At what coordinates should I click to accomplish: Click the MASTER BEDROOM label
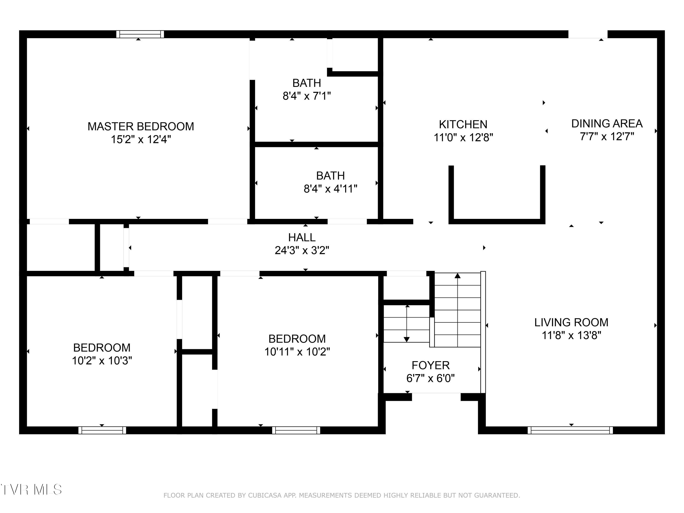click(x=141, y=127)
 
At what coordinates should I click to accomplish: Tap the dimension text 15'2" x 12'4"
click(x=141, y=140)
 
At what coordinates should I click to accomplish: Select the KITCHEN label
click(x=463, y=124)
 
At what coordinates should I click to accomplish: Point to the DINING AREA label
click(x=607, y=123)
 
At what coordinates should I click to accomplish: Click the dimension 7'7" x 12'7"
click(x=607, y=136)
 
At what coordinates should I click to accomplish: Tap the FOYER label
click(x=430, y=365)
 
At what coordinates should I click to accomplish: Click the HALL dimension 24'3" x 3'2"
click(x=302, y=250)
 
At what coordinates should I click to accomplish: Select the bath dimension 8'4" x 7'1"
click(x=306, y=96)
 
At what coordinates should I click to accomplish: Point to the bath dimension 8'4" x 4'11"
click(x=330, y=189)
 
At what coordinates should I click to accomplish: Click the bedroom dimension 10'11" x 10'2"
click(x=297, y=352)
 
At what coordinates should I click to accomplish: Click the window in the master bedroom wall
click(x=140, y=34)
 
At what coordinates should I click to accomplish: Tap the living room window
click(x=570, y=430)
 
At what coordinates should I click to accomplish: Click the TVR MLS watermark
click(x=31, y=490)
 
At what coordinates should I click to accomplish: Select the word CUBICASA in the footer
click(x=265, y=495)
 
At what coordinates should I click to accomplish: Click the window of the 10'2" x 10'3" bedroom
click(x=102, y=430)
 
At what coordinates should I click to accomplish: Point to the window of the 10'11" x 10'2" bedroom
click(x=296, y=430)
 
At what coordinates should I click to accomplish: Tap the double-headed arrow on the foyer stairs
click(x=407, y=323)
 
